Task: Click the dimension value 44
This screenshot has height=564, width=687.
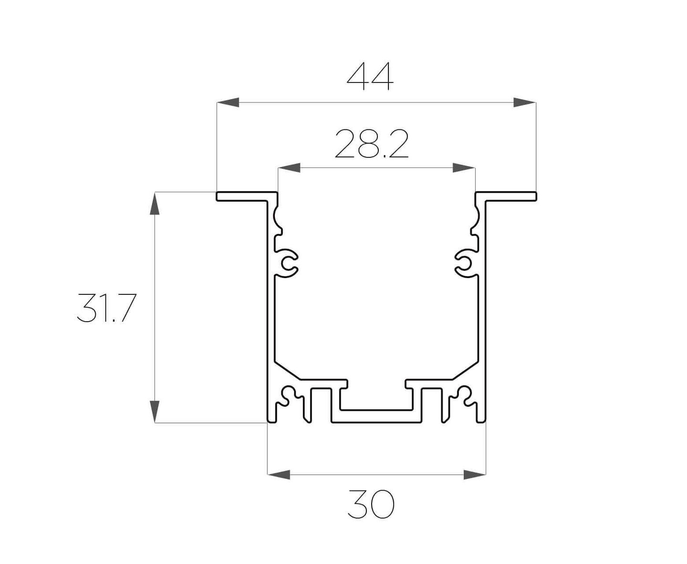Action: click(x=370, y=76)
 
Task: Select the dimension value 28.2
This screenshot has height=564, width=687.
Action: click(x=372, y=144)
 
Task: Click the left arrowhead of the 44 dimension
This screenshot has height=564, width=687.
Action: click(x=228, y=102)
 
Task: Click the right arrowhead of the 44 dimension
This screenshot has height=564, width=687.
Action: click(x=524, y=102)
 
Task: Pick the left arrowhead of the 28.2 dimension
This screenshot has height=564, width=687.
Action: click(x=289, y=167)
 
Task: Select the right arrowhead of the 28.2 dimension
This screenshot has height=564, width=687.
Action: click(x=464, y=167)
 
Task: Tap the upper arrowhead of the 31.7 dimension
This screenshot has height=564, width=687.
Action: click(x=155, y=203)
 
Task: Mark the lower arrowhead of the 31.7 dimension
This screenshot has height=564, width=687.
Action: click(x=155, y=411)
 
